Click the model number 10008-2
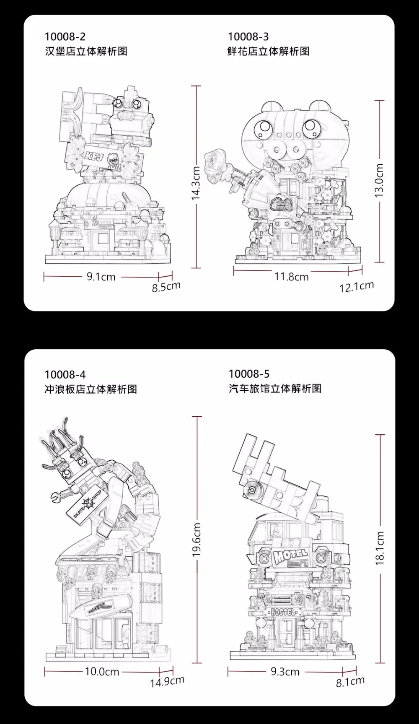coord(65,37)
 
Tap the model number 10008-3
coord(248,37)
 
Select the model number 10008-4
coord(65,374)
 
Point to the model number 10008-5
coord(249,374)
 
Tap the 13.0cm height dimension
coord(379,181)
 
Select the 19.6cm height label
coord(197,540)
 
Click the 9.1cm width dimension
coord(101,277)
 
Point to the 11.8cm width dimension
coord(291,277)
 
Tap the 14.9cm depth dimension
coord(167,681)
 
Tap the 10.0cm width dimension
coord(102,672)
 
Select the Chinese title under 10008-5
coord(275,389)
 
